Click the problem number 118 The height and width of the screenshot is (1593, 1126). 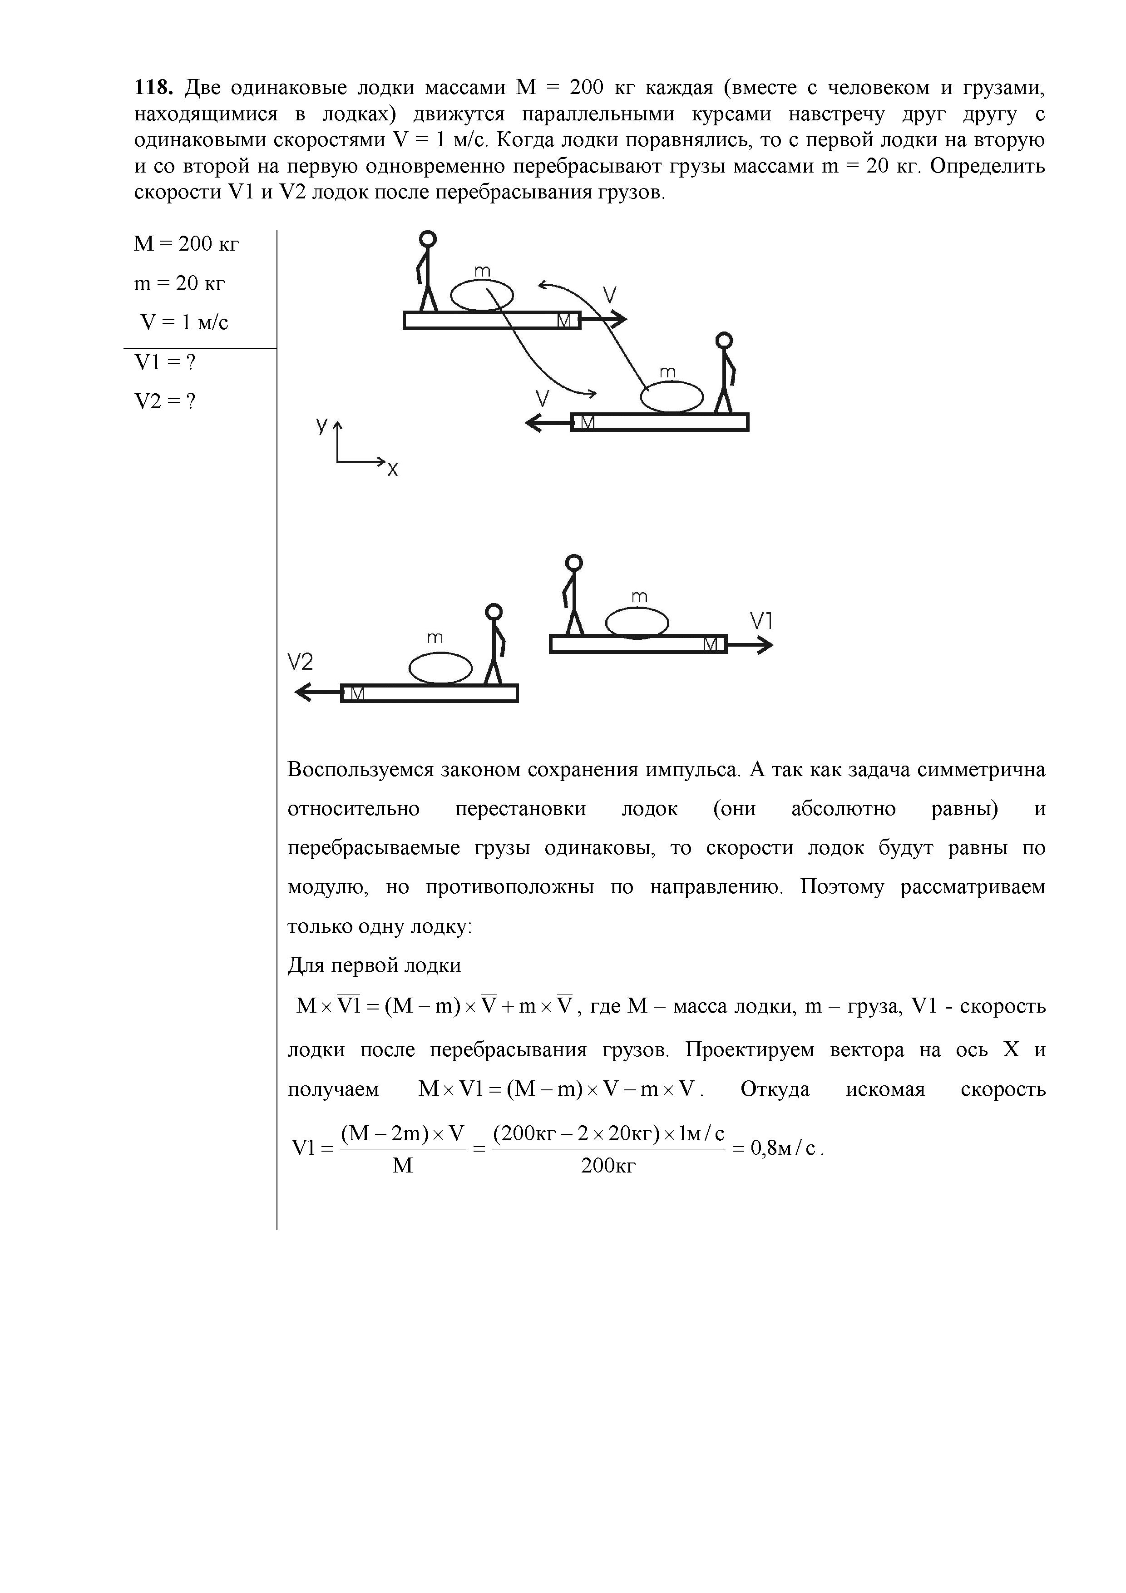[x=152, y=88]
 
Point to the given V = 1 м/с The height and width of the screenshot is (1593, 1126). [x=184, y=322]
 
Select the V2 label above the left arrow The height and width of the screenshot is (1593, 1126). [x=301, y=663]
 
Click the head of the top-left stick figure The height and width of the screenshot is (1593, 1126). [x=429, y=239]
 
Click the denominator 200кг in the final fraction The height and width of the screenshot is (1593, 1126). [x=608, y=1166]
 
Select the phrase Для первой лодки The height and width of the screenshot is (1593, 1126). [x=374, y=966]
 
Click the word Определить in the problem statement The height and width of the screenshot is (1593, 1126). [x=987, y=167]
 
